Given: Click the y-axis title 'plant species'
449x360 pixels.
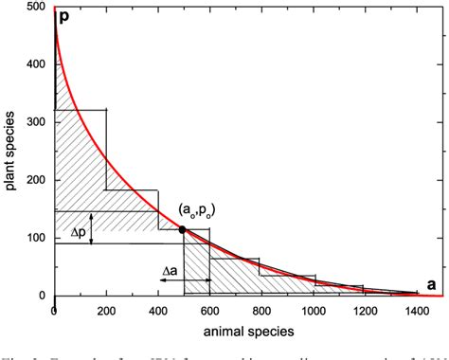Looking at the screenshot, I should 11,152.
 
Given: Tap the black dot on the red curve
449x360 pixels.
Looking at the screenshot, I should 182,229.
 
